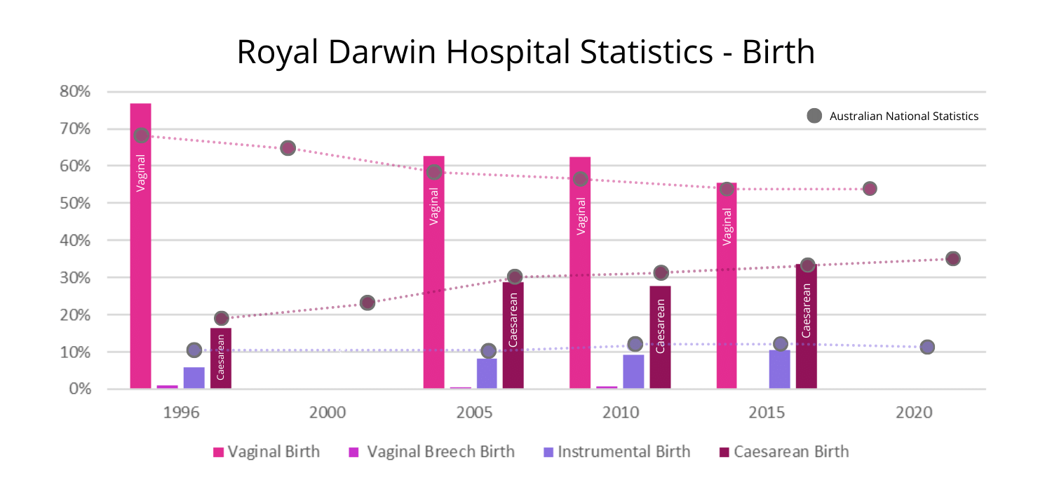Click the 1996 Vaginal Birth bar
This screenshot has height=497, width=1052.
click(x=140, y=246)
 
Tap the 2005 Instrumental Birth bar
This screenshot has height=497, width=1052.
click(x=487, y=373)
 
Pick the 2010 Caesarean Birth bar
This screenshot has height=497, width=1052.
click(x=660, y=337)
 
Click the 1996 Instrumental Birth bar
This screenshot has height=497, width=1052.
click(x=194, y=378)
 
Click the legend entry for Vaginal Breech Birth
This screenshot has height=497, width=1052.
click(x=431, y=451)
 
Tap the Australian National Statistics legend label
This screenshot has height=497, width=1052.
click(x=903, y=117)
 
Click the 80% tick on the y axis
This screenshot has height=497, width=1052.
click(x=75, y=92)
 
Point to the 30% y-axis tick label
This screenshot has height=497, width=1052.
click(x=75, y=278)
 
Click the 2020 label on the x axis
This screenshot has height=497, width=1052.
click(x=914, y=412)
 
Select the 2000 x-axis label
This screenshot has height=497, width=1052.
click(x=328, y=412)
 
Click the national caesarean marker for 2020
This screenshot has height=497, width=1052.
click(x=952, y=258)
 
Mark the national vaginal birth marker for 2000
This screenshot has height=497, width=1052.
click(x=288, y=148)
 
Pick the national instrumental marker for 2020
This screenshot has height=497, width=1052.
click(x=927, y=347)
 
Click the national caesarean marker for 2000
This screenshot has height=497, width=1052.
click(x=367, y=303)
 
